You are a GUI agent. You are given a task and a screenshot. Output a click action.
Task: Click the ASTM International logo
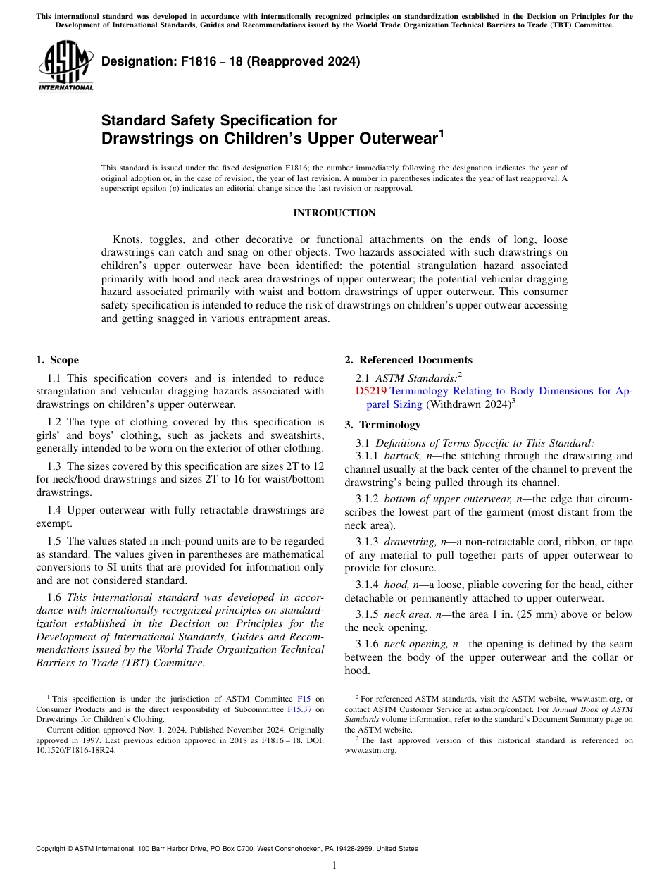[x=65, y=66]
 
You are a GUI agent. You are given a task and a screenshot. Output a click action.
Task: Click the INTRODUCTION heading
[x=334, y=213]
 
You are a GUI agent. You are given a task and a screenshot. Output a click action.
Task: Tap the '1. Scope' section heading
[x=58, y=360]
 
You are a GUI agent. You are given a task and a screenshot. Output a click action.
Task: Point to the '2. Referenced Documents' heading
[x=408, y=360]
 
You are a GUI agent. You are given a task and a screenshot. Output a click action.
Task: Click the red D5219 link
[x=370, y=391]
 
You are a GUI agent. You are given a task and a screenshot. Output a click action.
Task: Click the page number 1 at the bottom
[x=334, y=866]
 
